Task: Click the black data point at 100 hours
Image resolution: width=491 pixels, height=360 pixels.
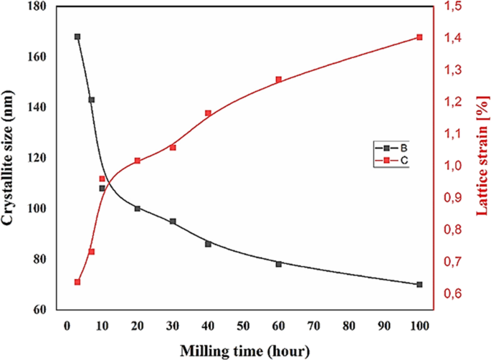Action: pyautogui.click(x=419, y=285)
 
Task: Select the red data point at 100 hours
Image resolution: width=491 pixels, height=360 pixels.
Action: pyautogui.click(x=419, y=37)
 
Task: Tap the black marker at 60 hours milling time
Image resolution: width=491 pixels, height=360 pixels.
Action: pyautogui.click(x=278, y=264)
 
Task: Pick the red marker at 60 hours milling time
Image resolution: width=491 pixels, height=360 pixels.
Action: pyautogui.click(x=278, y=80)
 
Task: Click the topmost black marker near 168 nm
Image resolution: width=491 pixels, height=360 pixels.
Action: pyautogui.click(x=77, y=37)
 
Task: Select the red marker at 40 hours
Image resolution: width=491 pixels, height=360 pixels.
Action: pyautogui.click(x=208, y=113)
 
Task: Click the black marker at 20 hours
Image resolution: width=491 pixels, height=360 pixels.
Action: pyautogui.click(x=137, y=209)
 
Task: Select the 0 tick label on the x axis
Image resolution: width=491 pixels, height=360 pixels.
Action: pyautogui.click(x=67, y=326)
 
